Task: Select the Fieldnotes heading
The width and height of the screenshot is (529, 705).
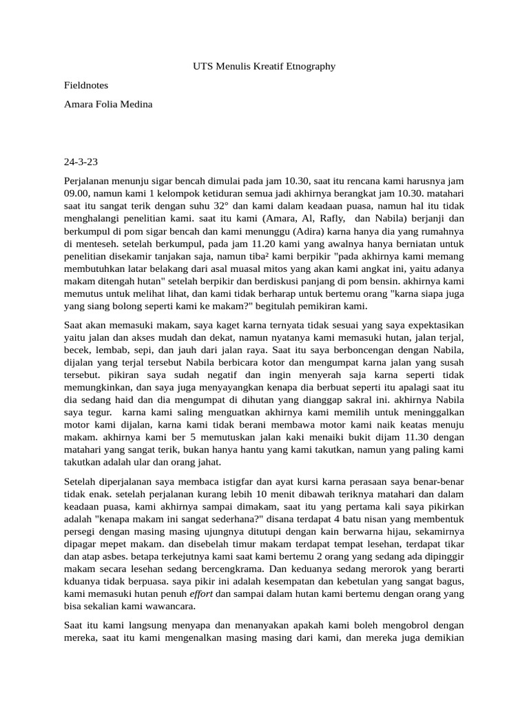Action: (86, 85)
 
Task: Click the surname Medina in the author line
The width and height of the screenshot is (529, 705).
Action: (136, 104)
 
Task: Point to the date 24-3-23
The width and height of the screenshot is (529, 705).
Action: (81, 162)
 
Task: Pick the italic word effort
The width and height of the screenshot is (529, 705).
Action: (202, 594)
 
